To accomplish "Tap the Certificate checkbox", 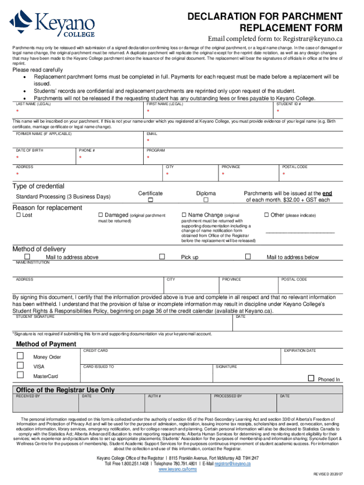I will click(x=150, y=201).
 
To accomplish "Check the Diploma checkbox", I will click(x=206, y=201).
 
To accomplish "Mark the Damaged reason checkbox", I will click(x=100, y=215).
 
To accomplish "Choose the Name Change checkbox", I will click(x=184, y=215).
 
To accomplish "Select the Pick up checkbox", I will click(x=162, y=256).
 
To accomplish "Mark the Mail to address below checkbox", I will click(x=248, y=256).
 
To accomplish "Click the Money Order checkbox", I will click(x=20, y=356).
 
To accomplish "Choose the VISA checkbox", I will click(x=20, y=365).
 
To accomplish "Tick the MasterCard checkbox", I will click(x=20, y=375).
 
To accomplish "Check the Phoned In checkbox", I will click(x=311, y=378).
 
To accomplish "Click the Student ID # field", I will click(x=307, y=112).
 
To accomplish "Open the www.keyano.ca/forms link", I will click(x=177, y=469).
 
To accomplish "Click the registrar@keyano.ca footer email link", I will click(x=232, y=464).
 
